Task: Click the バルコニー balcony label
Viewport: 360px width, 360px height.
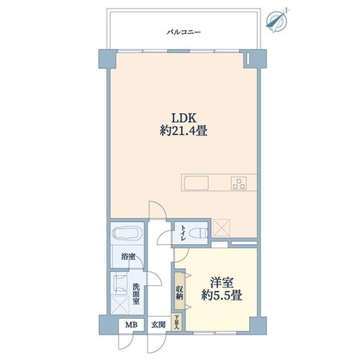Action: pos(184,32)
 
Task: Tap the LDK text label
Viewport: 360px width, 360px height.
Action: pos(184,118)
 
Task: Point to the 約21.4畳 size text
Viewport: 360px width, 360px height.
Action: pos(184,131)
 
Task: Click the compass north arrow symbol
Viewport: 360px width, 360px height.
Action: pos(276,20)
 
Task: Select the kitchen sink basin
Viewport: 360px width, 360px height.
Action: pos(196,183)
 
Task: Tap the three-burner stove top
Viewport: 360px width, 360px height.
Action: pos(239,183)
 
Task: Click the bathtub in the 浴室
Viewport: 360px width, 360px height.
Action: pos(126,233)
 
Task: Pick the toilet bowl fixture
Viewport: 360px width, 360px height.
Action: pos(198,233)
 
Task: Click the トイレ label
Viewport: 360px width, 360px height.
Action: pos(184,233)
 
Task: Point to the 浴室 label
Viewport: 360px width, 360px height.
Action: pos(128,257)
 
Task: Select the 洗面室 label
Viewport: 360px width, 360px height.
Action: pos(136,294)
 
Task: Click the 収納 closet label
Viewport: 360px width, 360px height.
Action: pos(179,292)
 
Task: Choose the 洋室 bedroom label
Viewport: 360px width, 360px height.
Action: pos(222,282)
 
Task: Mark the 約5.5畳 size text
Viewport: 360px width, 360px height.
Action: pos(221,295)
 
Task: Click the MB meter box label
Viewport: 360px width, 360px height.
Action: pos(132,325)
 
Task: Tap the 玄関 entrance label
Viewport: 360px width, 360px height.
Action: pos(158,325)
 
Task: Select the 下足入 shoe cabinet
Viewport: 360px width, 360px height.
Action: pos(176,322)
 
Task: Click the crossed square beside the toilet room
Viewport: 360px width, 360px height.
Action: pos(222,228)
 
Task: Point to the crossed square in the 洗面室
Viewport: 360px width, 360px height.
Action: pos(120,305)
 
